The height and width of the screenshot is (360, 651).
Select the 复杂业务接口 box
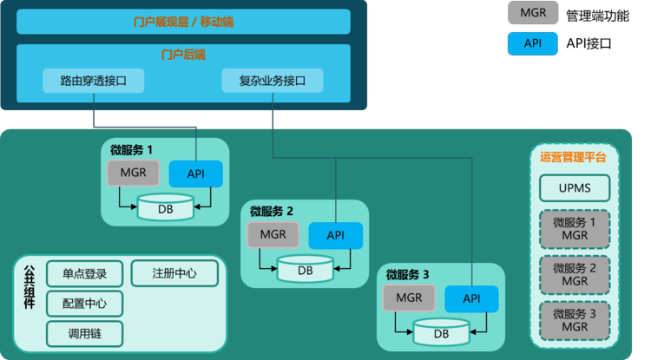click(x=273, y=82)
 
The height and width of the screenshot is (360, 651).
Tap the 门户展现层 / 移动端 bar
click(x=183, y=21)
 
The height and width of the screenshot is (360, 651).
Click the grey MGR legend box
click(x=533, y=13)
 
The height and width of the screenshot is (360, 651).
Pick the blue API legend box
click(x=533, y=43)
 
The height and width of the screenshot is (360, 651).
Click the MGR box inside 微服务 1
click(x=133, y=173)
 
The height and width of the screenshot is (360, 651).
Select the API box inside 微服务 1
click(x=196, y=174)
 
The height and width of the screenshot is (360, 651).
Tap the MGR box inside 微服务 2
click(x=273, y=234)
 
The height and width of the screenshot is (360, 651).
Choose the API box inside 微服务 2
click(x=336, y=235)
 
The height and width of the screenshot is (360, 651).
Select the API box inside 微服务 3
click(x=471, y=298)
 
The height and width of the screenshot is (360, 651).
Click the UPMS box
click(x=575, y=187)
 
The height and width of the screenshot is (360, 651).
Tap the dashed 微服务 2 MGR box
click(x=575, y=275)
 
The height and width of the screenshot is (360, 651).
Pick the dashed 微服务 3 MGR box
click(x=575, y=320)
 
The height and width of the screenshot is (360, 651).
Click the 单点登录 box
click(x=84, y=274)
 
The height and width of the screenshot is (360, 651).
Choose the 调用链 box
click(x=84, y=332)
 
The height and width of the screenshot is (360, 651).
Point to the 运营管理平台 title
click(x=573, y=157)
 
